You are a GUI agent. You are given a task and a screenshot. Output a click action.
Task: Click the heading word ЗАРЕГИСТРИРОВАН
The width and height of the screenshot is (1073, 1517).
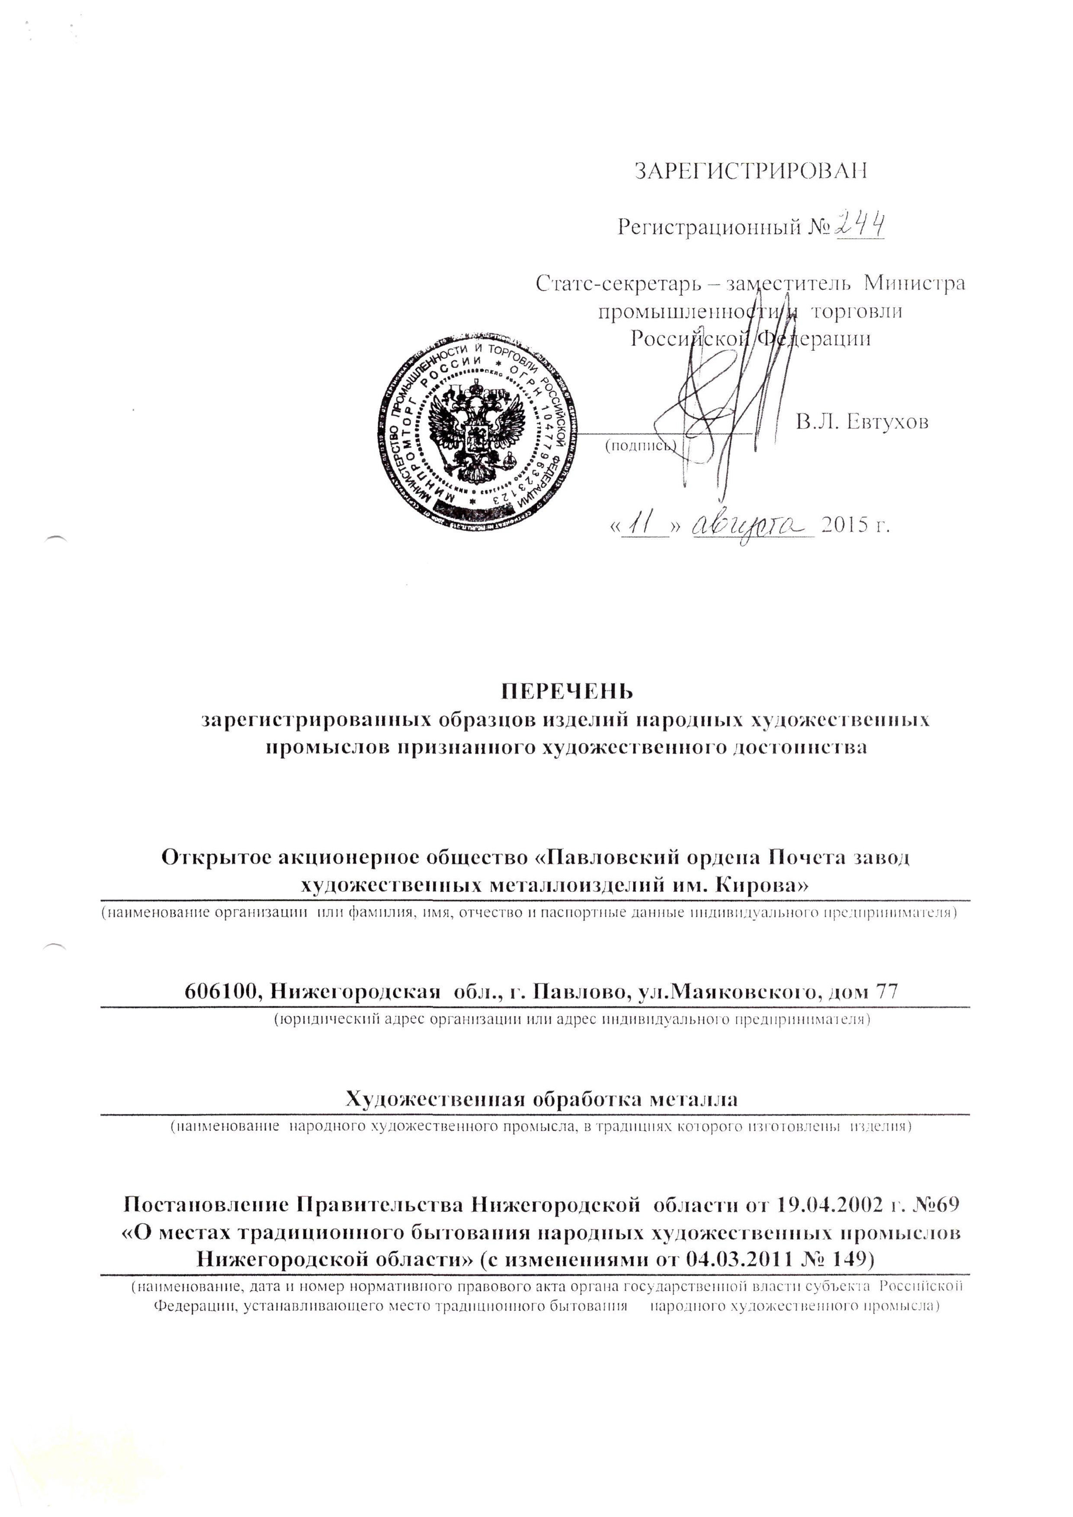[x=750, y=170]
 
